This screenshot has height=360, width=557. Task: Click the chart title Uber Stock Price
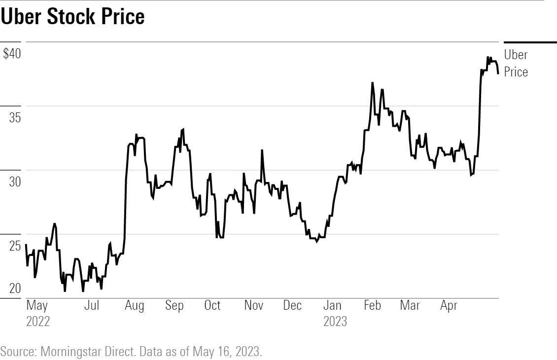(x=73, y=17)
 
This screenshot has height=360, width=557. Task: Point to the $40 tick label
(x=12, y=54)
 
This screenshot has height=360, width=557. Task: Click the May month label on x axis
(x=37, y=306)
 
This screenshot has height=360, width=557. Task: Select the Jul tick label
(x=92, y=306)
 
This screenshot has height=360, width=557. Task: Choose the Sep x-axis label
(x=174, y=306)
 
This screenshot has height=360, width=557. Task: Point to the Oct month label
(x=212, y=306)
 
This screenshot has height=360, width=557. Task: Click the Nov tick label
(x=253, y=306)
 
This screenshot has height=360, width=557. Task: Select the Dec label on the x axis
(x=292, y=306)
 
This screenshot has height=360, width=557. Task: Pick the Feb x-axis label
(x=372, y=306)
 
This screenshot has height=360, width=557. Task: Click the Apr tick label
(x=449, y=306)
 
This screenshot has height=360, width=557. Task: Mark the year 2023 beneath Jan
(x=335, y=322)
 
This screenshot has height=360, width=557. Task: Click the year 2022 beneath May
(x=38, y=322)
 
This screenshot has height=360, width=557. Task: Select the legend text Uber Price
(x=516, y=63)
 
